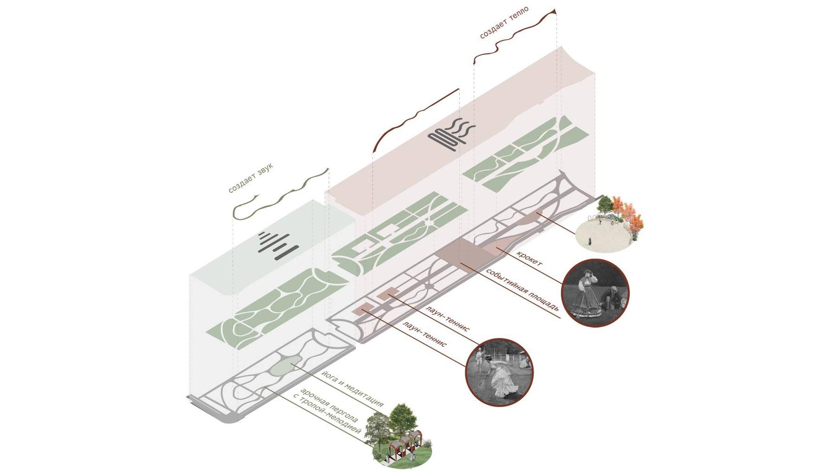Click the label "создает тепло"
[504, 23]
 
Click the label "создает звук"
[251, 178]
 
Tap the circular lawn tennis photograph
[499, 372]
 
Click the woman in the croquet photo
[585, 295]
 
